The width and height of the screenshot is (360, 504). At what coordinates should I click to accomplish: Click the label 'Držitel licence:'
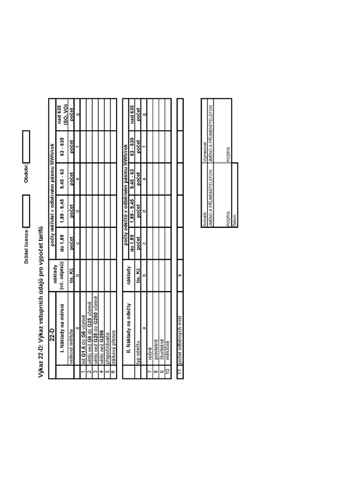pos(26,246)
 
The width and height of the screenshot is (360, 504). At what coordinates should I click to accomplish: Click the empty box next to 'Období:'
pos(26,146)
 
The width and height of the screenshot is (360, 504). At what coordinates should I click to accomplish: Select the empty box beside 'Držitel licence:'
pos(26,211)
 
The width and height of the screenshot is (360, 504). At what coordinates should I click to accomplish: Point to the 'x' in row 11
pos(180,275)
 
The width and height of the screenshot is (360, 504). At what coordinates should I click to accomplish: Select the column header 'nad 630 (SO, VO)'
pos(62,114)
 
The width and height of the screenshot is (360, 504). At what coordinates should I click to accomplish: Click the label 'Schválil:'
pos(204,219)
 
